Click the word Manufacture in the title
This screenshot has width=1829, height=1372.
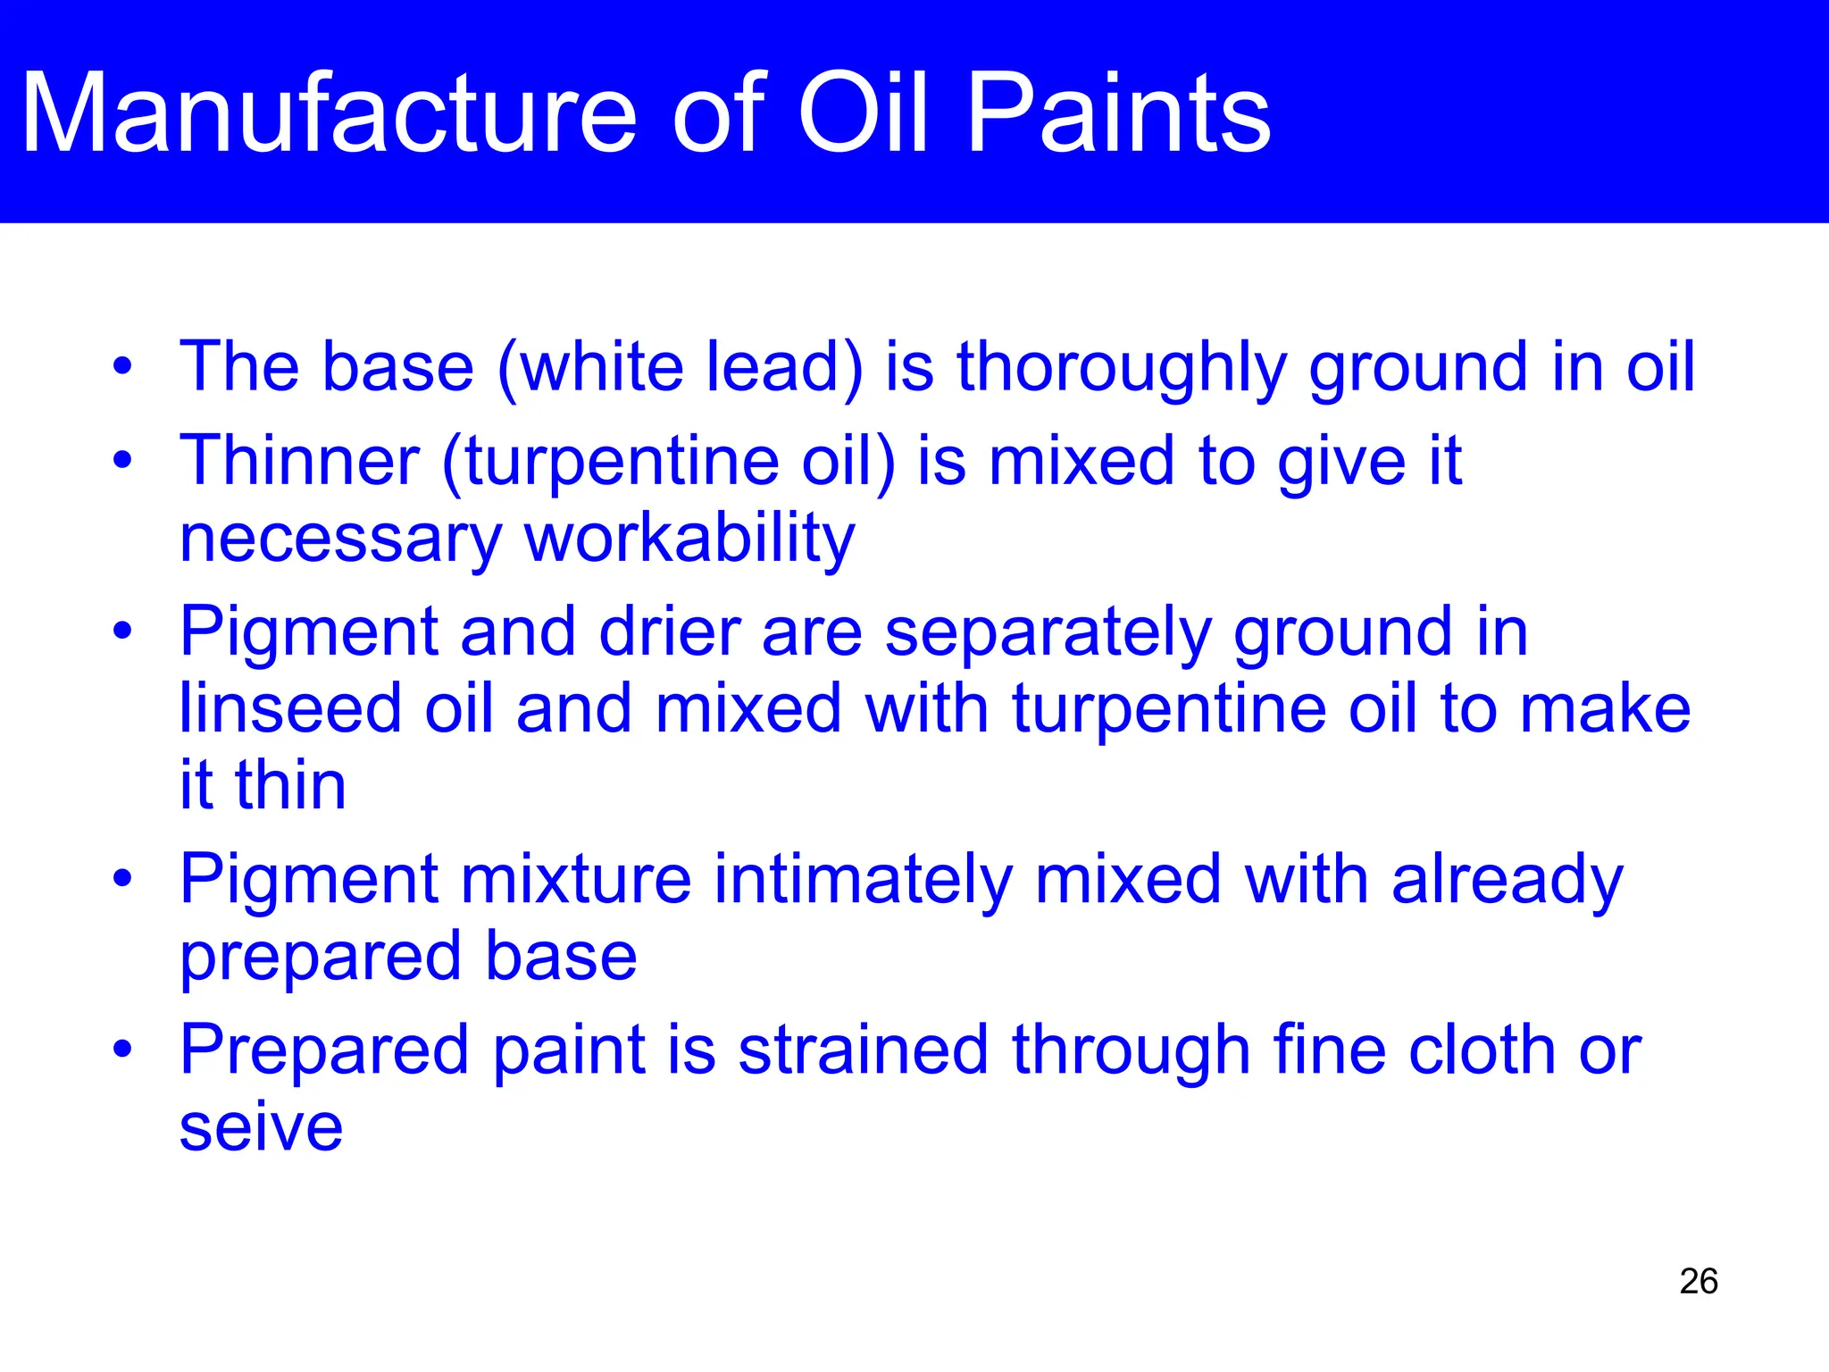[x=329, y=114]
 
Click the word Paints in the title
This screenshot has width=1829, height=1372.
[x=1118, y=114]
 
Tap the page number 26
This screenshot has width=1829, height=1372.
[x=1698, y=1281]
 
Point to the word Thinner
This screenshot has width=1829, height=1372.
[x=299, y=461]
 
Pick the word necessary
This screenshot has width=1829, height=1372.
[x=340, y=541]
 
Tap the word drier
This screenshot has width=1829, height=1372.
[x=670, y=632]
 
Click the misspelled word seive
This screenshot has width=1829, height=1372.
[x=261, y=1127]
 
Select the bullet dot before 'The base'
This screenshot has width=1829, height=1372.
[x=122, y=366]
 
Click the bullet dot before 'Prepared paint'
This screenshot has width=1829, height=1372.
[x=122, y=1049]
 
